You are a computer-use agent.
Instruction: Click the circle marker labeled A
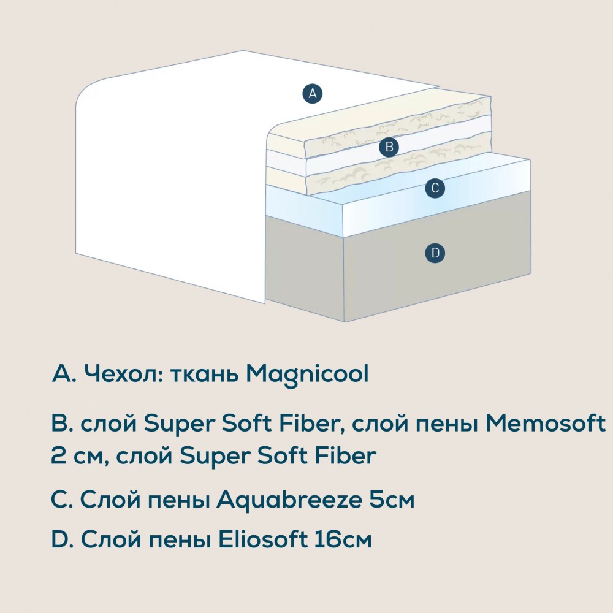click(313, 94)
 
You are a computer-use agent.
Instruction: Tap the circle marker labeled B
click(389, 147)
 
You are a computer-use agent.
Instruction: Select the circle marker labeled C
click(435, 188)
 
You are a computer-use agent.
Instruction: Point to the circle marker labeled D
click(435, 253)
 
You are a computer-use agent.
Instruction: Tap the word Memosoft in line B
click(546, 423)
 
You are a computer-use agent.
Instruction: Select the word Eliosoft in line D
click(262, 539)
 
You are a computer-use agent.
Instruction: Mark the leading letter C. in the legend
click(62, 500)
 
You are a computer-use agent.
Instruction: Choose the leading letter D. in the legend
click(63, 539)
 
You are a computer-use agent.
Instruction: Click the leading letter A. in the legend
click(63, 374)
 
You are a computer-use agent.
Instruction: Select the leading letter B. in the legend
click(62, 424)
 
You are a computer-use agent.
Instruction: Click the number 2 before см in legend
click(59, 455)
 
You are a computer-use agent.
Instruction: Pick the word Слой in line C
click(110, 500)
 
